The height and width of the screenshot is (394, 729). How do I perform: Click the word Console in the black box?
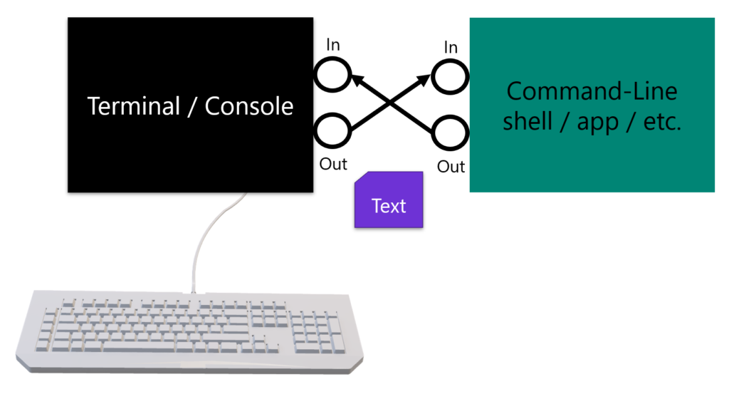click(249, 106)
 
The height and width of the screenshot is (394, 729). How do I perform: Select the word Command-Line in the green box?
click(592, 92)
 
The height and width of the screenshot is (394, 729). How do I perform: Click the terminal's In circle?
click(332, 73)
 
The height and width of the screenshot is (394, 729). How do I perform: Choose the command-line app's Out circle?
click(451, 133)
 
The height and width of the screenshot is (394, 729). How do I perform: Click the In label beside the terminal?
click(332, 45)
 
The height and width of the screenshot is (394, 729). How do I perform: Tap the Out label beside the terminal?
click(332, 164)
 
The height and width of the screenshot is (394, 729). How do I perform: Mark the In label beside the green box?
click(451, 47)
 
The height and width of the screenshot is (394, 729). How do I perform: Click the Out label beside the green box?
click(451, 167)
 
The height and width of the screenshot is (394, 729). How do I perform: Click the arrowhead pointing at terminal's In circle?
click(358, 80)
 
